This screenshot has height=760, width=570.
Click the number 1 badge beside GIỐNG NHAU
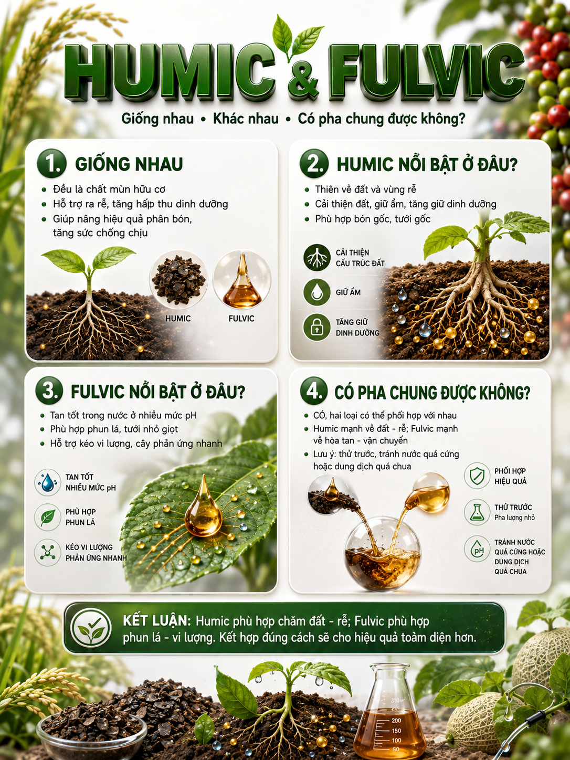click(x=51, y=163)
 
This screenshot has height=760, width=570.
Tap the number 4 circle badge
click(x=314, y=391)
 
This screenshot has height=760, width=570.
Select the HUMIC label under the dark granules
click(x=178, y=318)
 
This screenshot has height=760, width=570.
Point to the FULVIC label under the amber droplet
click(x=241, y=318)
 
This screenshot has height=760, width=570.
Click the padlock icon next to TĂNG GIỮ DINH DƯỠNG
click(x=316, y=327)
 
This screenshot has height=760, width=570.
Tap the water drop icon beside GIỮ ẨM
click(x=316, y=292)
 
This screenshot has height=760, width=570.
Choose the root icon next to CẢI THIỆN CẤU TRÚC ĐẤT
click(x=316, y=258)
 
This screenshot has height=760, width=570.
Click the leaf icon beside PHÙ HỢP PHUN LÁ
click(x=48, y=517)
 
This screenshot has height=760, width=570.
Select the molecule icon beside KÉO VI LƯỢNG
click(x=48, y=552)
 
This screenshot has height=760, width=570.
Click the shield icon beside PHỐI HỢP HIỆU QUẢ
click(x=477, y=476)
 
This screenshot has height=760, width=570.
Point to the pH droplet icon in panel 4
click(x=477, y=548)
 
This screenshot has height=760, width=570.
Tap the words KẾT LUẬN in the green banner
click(x=157, y=621)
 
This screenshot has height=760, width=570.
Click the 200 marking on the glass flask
click(x=396, y=721)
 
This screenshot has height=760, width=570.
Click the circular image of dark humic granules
click(x=178, y=280)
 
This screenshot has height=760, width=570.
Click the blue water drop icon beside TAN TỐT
click(x=48, y=482)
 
